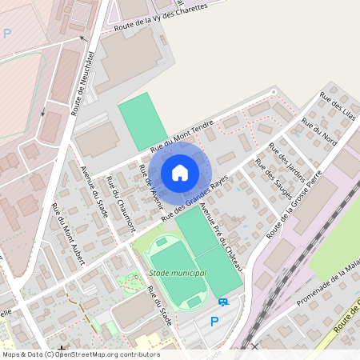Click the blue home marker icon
(x=180, y=172)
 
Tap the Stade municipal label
(x=178, y=274)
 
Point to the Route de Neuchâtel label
(x=82, y=84)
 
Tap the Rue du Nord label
(x=320, y=132)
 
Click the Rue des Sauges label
(x=273, y=174)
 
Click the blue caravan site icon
(x=223, y=302)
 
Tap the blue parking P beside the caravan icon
(x=214, y=322)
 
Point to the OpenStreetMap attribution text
(x=80, y=354)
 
